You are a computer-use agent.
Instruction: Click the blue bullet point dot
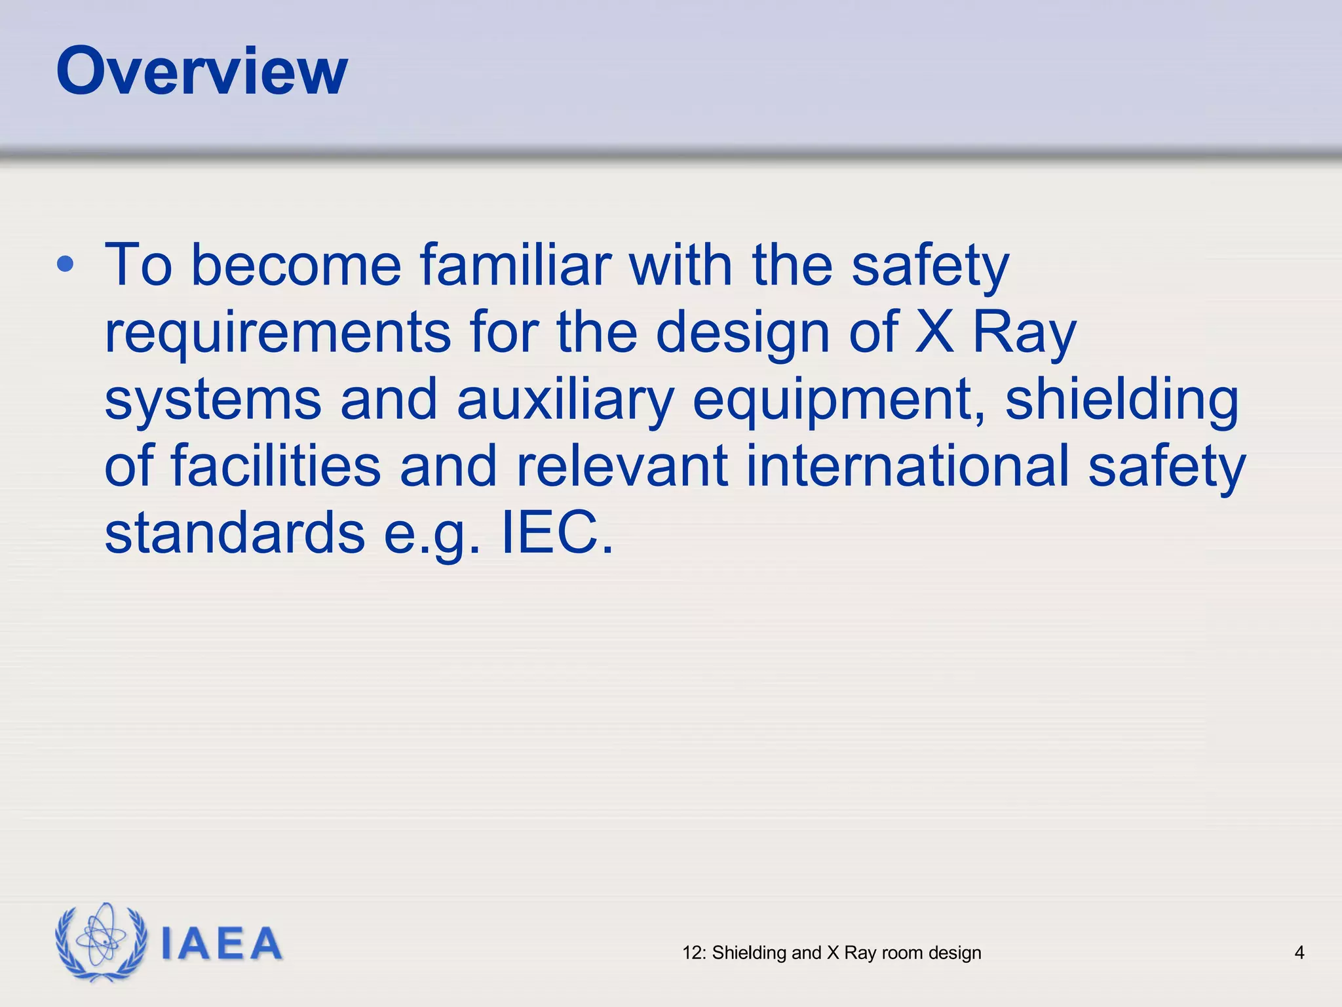point(66,264)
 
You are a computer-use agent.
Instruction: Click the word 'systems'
point(213,399)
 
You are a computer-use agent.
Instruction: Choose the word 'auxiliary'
point(565,399)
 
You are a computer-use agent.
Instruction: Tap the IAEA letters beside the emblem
point(221,944)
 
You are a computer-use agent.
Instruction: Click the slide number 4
point(1299,953)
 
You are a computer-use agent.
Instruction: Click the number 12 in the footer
point(691,953)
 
